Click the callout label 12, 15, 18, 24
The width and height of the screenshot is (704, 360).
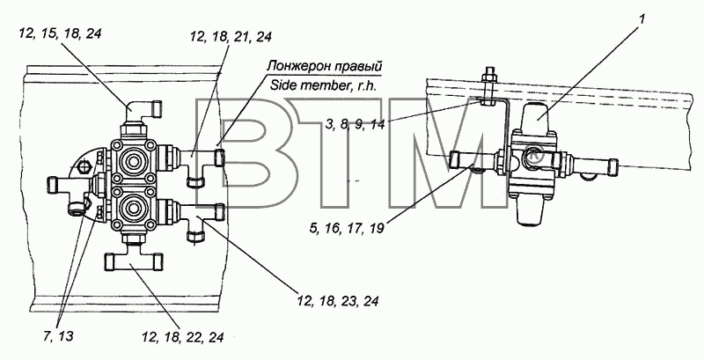[x=60, y=33]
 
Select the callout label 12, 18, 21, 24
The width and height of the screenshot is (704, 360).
[x=231, y=37]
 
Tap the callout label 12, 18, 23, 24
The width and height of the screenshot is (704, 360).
[x=337, y=301]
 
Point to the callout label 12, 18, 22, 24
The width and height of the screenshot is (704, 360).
[x=182, y=336]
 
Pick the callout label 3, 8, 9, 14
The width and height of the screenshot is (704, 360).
[x=356, y=124]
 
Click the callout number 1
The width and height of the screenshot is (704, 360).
[x=642, y=18]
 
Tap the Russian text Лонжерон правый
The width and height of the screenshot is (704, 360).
[x=324, y=66]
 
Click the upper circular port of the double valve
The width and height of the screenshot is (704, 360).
[x=134, y=161]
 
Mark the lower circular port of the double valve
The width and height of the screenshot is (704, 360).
[x=134, y=208]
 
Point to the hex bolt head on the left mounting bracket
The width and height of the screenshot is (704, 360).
[x=81, y=167]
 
